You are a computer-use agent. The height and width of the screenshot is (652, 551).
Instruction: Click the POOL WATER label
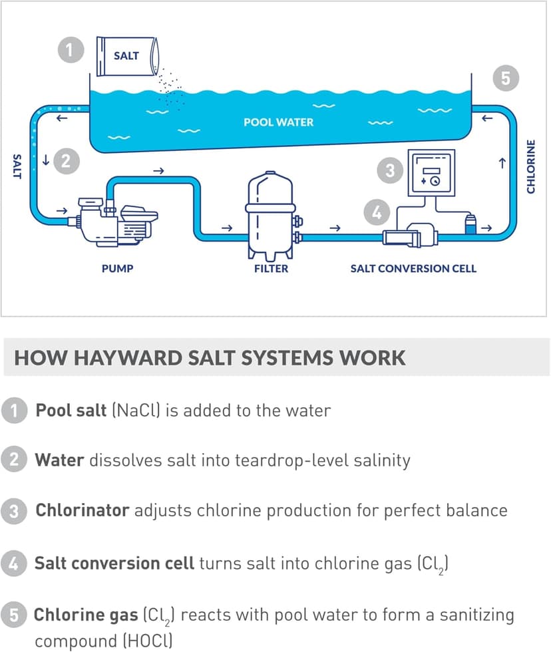coord(278,122)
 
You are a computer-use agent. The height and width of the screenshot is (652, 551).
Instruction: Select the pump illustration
coord(117,221)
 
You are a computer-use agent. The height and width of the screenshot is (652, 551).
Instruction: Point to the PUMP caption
coord(117,269)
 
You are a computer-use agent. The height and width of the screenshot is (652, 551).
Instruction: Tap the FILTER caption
coord(271,269)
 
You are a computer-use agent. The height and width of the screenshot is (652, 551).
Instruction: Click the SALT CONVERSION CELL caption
coord(413,269)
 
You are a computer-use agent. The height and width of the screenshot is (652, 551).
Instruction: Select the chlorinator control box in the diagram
coord(432,172)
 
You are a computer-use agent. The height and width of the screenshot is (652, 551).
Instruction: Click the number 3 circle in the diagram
coord(391,170)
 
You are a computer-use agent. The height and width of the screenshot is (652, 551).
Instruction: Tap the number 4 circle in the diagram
coord(377,213)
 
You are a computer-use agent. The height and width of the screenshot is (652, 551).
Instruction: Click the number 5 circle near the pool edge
coord(506,79)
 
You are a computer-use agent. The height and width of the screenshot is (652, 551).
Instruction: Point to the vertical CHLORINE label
coord(530,167)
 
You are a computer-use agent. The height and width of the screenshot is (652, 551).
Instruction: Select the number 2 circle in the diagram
coord(65,160)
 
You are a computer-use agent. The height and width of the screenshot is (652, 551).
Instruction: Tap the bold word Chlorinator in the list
coord(82,510)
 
